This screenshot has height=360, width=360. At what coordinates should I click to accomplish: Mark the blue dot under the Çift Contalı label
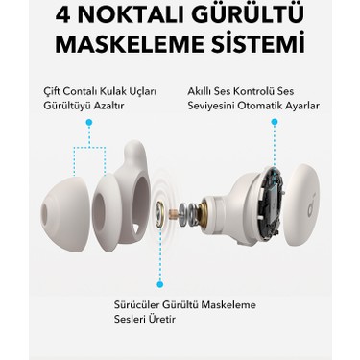pyautogui.click(x=88, y=124)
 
